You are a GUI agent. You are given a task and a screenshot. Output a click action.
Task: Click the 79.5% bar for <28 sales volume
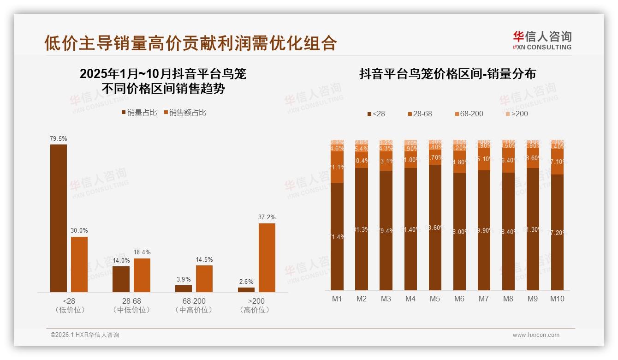click(59, 218)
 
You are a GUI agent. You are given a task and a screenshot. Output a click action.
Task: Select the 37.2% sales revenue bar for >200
click(267, 258)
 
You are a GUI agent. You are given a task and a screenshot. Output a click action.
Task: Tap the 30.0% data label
click(79, 231)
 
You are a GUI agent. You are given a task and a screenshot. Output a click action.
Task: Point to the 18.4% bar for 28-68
click(142, 275)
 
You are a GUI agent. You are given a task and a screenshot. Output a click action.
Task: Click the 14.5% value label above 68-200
click(204, 260)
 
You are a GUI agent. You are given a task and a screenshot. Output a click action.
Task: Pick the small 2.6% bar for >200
click(246, 289)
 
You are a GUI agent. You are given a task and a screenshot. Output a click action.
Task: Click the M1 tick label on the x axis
click(337, 299)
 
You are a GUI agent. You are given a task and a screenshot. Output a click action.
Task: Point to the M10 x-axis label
click(557, 299)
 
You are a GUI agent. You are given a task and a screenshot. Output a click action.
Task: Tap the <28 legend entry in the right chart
click(375, 114)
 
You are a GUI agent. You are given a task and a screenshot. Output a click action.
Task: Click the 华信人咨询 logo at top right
click(542, 40)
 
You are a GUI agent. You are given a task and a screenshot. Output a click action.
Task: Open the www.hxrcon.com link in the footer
click(535, 335)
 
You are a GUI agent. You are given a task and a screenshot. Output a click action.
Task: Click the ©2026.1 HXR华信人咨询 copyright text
click(85, 335)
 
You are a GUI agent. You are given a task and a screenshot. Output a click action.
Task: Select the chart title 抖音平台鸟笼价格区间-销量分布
click(447, 74)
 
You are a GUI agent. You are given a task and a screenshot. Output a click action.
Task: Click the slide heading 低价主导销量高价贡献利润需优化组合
click(190, 43)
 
